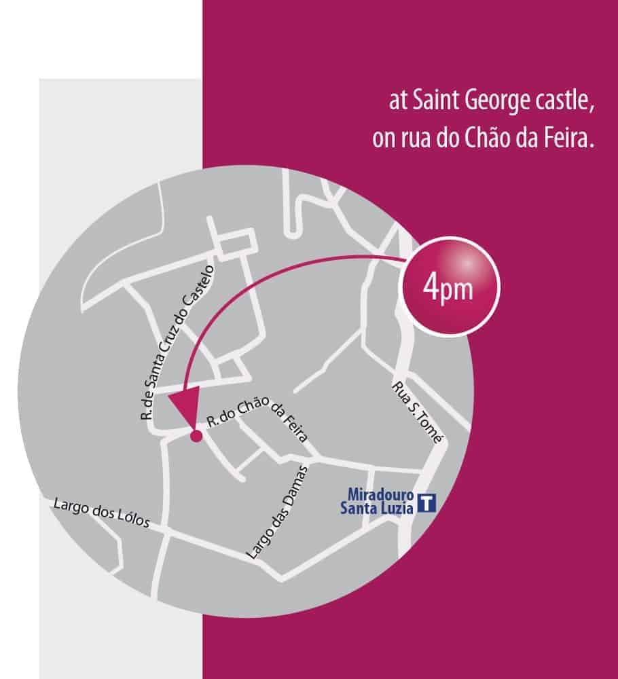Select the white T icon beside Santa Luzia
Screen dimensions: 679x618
426,503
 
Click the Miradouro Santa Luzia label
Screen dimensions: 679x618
380,499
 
